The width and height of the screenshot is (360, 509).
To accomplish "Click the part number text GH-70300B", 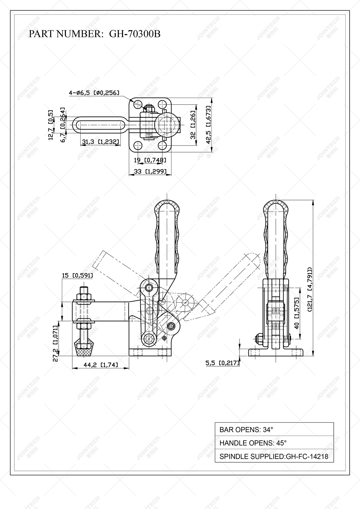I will click(135, 34).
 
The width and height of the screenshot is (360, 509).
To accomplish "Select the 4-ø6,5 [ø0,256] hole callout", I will click(94, 93).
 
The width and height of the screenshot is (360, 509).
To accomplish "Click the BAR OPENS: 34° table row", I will click(274, 429).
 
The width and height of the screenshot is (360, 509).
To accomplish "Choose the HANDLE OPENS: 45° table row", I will click(274, 443).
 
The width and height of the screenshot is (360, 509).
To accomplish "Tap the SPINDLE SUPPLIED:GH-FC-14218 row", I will click(274, 456).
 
